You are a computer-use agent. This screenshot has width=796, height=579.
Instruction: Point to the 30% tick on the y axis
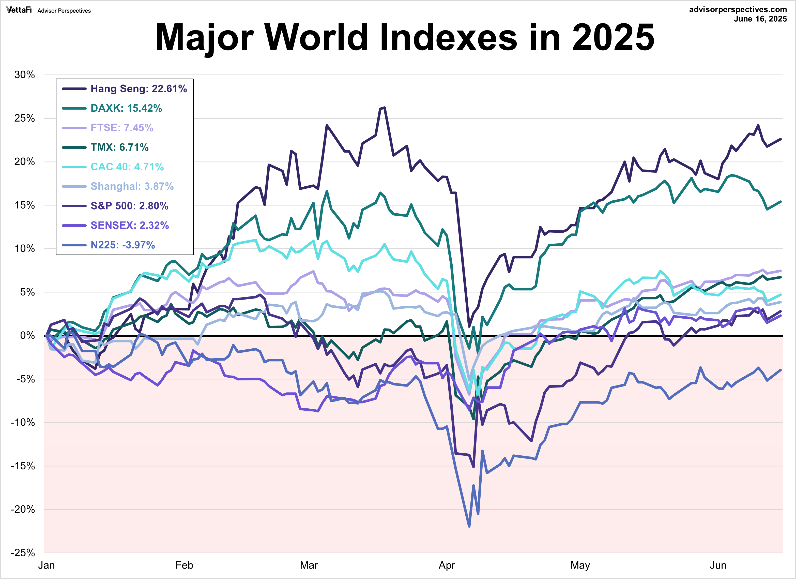coord(25,75)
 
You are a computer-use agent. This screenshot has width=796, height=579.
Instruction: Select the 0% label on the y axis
coord(27,336)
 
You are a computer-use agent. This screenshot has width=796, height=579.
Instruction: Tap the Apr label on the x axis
coord(447,565)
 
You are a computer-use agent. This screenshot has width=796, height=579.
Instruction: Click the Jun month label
coord(718,565)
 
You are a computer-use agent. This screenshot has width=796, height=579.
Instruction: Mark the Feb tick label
coord(184,565)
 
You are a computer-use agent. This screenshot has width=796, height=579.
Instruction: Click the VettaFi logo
coord(19,10)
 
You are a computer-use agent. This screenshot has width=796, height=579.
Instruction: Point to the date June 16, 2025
coord(760,19)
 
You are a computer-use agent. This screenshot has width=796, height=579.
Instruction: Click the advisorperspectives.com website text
coord(738,9)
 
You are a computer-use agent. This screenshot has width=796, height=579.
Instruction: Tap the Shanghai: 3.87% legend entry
coord(132,186)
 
